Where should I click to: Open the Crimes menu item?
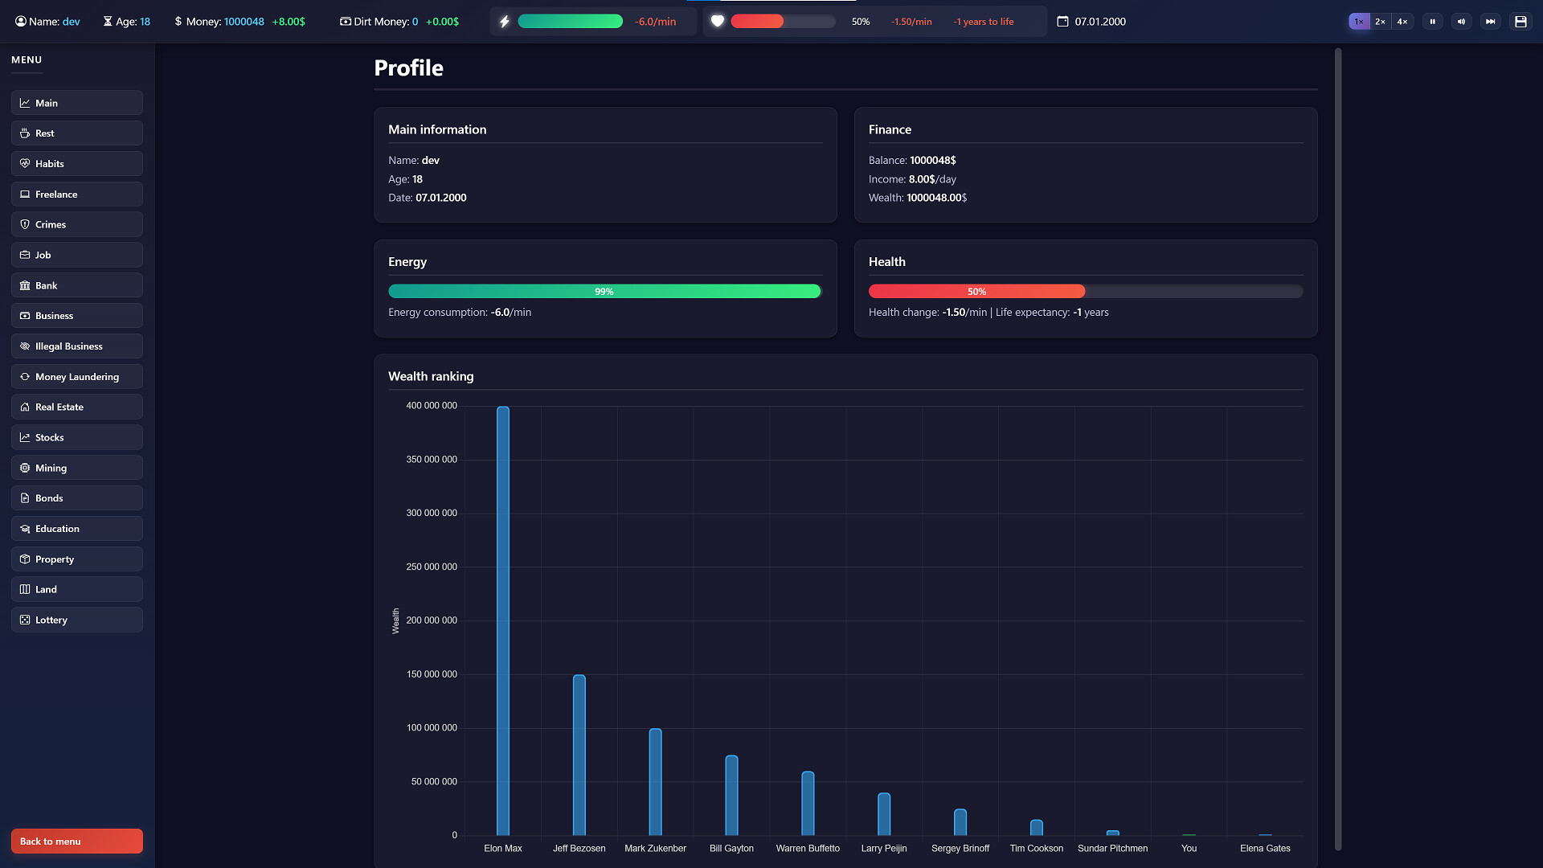click(77, 224)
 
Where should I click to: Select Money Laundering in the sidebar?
click(77, 376)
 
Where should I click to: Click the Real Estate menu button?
click(77, 407)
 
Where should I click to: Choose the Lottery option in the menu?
click(77, 620)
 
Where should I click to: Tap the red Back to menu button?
click(77, 841)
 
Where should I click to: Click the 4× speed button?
click(1402, 22)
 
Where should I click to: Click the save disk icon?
click(1520, 22)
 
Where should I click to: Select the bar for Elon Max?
click(503, 620)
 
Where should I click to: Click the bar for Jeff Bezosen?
click(579, 755)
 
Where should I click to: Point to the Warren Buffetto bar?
click(808, 803)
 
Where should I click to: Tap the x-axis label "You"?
click(1189, 849)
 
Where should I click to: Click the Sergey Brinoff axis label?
click(960, 849)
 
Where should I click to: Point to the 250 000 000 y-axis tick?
click(432, 567)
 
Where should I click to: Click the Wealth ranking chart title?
click(431, 376)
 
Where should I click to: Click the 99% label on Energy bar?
click(604, 292)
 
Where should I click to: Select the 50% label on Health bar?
click(977, 292)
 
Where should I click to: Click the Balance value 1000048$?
click(933, 161)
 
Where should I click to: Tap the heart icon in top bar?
click(718, 22)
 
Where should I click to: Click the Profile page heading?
click(409, 68)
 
